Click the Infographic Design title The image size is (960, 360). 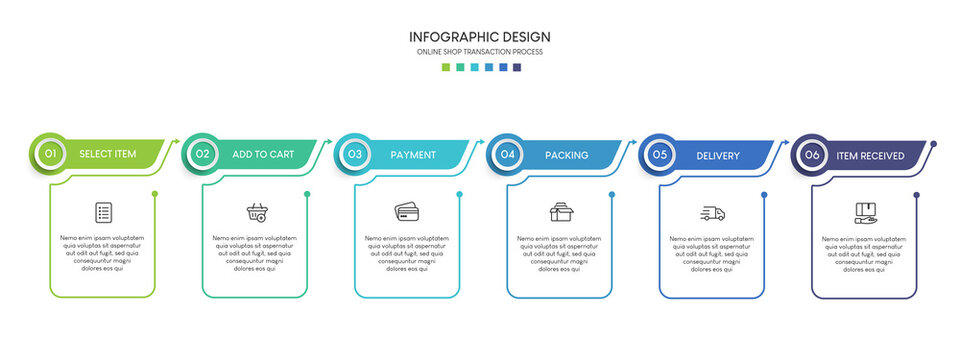pos(480,37)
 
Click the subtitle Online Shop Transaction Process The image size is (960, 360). pos(480,52)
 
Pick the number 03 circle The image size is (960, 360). pos(355,155)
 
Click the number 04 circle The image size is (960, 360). pos(507,155)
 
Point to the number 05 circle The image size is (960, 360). pos(660,155)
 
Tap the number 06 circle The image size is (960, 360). pos(812,155)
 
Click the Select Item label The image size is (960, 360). pos(108,155)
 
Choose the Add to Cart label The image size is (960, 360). pos(263,155)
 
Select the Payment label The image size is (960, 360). pos(413,155)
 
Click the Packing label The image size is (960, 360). pos(566,155)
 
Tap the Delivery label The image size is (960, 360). pos(718,155)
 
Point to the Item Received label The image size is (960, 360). pos(870,155)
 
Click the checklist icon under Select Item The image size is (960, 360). pos(103,212)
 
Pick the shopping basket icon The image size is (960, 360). pos(256,212)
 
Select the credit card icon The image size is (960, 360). pos(407,212)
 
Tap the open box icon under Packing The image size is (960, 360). pos(560,212)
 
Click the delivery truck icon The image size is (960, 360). pos(712,213)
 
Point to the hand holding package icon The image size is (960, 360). pos(865,212)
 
